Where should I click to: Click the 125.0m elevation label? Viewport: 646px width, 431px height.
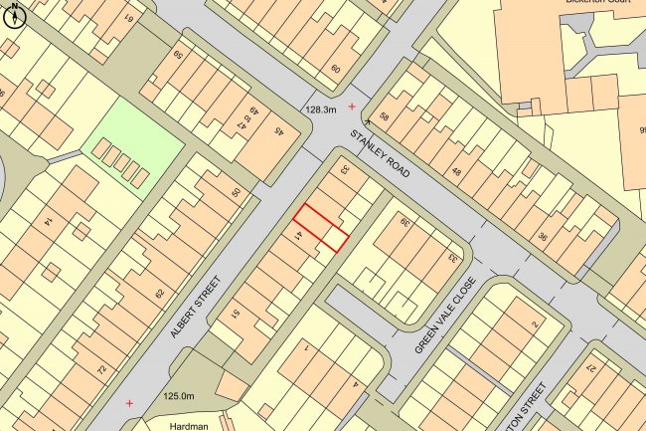click(177, 396)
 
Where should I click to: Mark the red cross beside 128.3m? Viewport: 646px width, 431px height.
click(350, 105)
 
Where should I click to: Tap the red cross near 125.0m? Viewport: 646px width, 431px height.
click(130, 403)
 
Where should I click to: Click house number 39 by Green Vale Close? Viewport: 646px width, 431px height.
click(405, 221)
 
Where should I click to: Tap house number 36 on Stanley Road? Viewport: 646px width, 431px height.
click(543, 237)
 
